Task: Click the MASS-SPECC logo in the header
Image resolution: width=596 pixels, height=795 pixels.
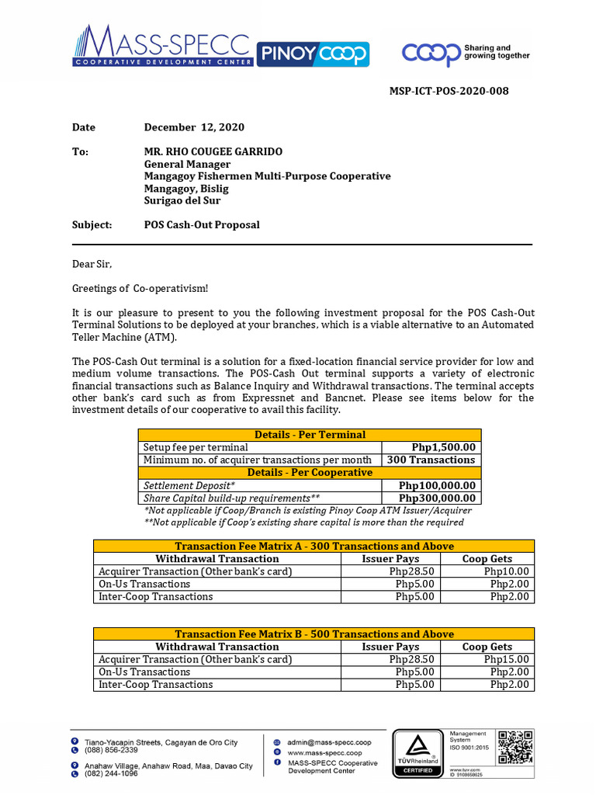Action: [x=163, y=46]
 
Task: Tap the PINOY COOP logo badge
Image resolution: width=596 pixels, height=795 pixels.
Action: [x=313, y=54]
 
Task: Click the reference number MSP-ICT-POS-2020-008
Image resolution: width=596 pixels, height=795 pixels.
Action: [x=449, y=91]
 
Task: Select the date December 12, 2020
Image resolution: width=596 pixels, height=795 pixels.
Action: [x=194, y=127]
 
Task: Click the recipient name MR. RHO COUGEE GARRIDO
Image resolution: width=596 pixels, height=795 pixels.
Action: [x=213, y=151]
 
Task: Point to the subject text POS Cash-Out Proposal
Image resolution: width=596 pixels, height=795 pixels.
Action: [x=202, y=224]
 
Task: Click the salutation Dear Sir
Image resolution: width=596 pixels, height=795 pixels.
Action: [x=92, y=264]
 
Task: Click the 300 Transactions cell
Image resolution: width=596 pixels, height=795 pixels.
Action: [x=431, y=460]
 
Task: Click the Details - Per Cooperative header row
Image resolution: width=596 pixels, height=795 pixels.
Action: [x=310, y=472]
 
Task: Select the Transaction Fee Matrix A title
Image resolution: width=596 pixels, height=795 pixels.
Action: [x=314, y=546]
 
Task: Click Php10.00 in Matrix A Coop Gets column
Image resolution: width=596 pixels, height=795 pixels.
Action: [x=509, y=571]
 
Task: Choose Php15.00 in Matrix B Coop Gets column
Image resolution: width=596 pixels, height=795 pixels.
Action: [x=509, y=659]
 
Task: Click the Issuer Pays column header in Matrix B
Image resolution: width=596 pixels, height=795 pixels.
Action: [x=390, y=647]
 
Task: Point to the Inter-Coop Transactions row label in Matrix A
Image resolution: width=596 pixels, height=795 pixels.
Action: [x=155, y=596]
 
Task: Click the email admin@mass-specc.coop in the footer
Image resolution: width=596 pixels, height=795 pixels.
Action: [x=329, y=742]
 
